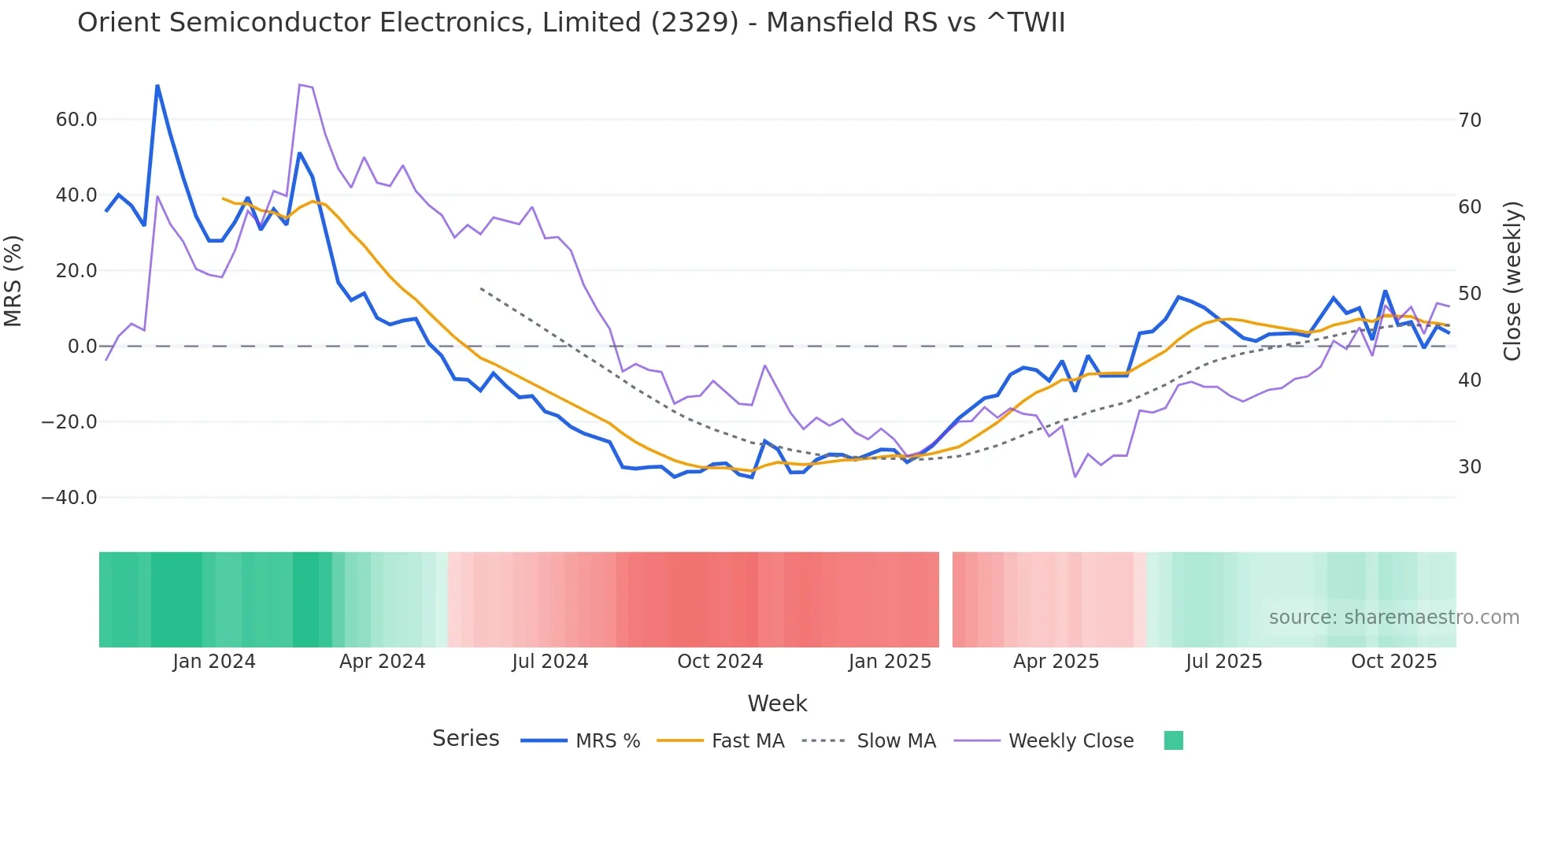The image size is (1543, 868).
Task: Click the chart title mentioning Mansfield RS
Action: (571, 23)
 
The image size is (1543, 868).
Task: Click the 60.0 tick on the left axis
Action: (76, 120)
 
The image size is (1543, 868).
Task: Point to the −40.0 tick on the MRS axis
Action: (69, 498)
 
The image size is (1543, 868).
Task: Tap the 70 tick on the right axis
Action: (1470, 121)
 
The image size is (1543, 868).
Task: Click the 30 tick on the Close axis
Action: (1470, 467)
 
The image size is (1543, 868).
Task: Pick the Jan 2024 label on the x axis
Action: (214, 662)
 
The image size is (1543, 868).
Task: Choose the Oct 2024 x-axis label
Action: (720, 662)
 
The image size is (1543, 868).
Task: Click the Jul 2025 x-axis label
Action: (1223, 662)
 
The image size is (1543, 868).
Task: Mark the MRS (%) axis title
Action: (13, 281)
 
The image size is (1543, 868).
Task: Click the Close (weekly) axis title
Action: (1512, 281)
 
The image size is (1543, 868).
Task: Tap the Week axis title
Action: (777, 703)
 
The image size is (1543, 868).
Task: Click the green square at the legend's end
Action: (1173, 740)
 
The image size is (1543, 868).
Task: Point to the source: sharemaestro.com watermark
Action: (1393, 618)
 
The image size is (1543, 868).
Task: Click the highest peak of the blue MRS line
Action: (157, 86)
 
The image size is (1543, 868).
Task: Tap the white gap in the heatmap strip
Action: (945, 599)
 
